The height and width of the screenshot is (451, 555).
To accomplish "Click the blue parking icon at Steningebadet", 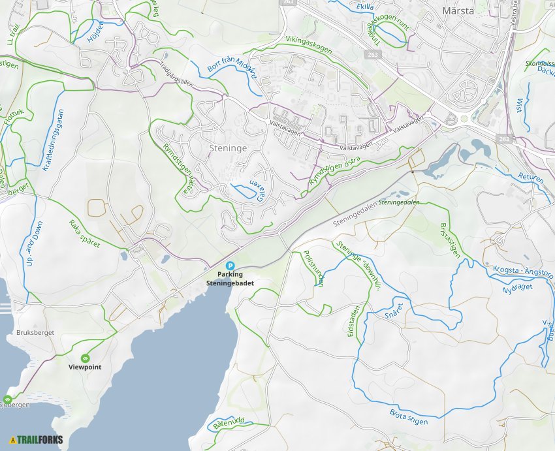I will pos(230,266).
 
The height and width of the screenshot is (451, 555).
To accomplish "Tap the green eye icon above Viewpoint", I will pos(85,358).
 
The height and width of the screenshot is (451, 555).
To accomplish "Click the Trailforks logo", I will pos(37,439).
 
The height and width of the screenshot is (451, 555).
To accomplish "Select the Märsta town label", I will pos(458,11).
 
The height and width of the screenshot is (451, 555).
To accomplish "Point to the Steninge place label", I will pos(228,148).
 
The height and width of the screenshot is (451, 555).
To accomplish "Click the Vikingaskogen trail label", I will pos(309,45).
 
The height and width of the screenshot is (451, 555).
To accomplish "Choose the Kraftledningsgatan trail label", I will pos(54,140).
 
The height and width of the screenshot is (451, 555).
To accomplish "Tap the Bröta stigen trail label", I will pos(409,416).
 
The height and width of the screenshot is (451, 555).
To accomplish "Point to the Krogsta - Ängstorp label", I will pos(523,271).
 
